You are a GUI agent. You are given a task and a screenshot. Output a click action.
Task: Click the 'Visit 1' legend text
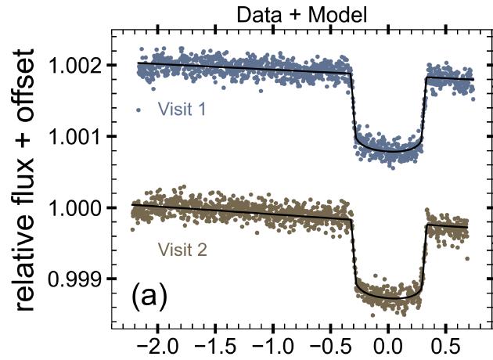click(x=182, y=110)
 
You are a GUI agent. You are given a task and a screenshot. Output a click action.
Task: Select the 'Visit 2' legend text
click(x=182, y=250)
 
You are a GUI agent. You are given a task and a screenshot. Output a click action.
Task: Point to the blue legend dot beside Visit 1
click(x=139, y=110)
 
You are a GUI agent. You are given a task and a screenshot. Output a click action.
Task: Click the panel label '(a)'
click(x=149, y=297)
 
